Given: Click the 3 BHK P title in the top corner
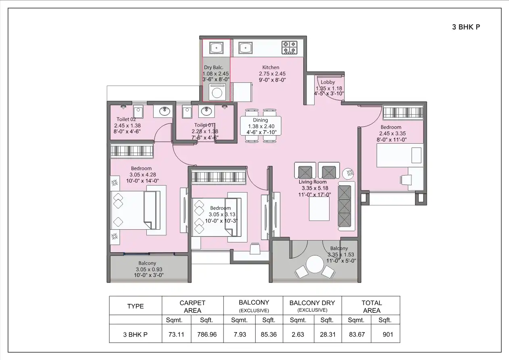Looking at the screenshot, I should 465,27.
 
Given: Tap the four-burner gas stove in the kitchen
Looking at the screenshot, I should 289,47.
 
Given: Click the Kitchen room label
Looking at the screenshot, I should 271,67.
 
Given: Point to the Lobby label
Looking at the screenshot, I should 328,82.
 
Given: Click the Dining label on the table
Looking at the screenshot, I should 260,120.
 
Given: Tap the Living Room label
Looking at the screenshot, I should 313,182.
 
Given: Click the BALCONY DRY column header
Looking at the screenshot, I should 312,303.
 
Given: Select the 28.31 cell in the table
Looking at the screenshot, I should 327,335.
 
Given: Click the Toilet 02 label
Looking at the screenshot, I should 126,119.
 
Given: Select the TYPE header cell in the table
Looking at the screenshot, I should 136,306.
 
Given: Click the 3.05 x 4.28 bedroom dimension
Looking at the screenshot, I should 142,175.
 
